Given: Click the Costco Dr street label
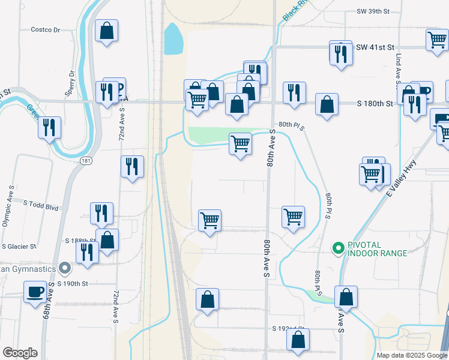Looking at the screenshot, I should (46, 29).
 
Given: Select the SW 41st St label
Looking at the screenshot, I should (375, 47).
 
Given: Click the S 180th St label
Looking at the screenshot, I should (373, 104).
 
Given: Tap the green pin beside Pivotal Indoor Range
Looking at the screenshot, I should (338, 247).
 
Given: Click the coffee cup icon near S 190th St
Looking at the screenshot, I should (34, 293).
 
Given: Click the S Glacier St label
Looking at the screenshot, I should (19, 246).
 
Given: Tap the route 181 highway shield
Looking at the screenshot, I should (86, 161).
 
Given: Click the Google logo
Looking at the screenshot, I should (20, 353).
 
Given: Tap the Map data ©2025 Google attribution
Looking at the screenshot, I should (412, 355).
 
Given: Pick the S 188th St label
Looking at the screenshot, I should (80, 241).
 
